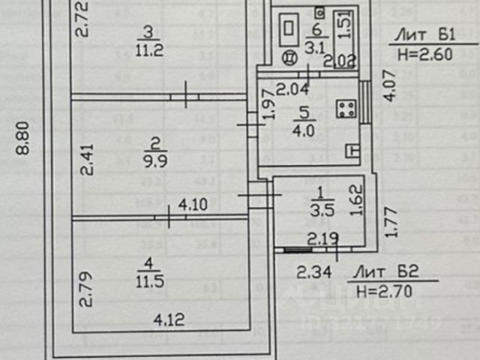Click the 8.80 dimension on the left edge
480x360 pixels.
23,139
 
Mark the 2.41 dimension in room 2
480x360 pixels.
89,159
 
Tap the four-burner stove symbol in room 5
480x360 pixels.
346,109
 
